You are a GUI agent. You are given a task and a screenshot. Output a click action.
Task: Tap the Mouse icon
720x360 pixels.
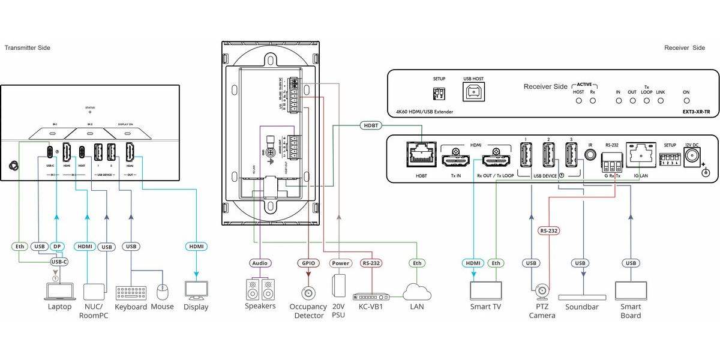(x=162, y=292)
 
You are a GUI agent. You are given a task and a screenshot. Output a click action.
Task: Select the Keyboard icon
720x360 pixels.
(x=131, y=293)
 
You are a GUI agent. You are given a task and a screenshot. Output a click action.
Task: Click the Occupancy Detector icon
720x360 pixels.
(x=309, y=293)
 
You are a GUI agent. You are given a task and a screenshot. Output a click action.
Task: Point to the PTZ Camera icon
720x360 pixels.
(x=541, y=292)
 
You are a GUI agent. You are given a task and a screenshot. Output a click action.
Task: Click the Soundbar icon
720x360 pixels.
(x=581, y=296)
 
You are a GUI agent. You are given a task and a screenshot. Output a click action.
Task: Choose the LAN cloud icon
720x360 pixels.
(x=418, y=292)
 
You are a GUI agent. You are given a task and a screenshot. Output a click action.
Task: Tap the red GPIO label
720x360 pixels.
(x=309, y=263)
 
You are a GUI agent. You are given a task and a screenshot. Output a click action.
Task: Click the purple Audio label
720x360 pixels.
(x=260, y=263)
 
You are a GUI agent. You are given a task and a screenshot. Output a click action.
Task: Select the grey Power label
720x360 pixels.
(x=340, y=263)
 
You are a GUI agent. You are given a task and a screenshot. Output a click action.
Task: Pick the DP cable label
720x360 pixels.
(x=57, y=247)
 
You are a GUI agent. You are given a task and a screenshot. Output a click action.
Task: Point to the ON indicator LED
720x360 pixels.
(x=686, y=100)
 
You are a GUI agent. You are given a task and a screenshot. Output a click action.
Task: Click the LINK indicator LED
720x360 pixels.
(x=661, y=100)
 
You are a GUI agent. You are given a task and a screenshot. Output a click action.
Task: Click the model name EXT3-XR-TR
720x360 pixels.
(x=696, y=112)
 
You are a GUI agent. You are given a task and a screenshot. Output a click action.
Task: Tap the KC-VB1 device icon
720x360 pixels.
(x=372, y=297)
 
